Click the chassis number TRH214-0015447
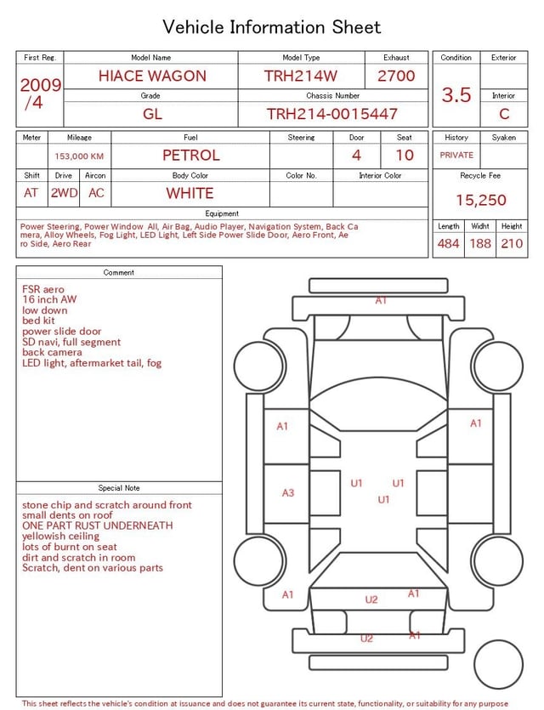332,114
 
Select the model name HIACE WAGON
152,76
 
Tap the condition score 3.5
456,95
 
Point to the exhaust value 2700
396,76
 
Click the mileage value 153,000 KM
79,156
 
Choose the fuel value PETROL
191,156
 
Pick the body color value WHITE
190,193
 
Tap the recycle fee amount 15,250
480,200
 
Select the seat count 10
405,156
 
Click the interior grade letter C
504,114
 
